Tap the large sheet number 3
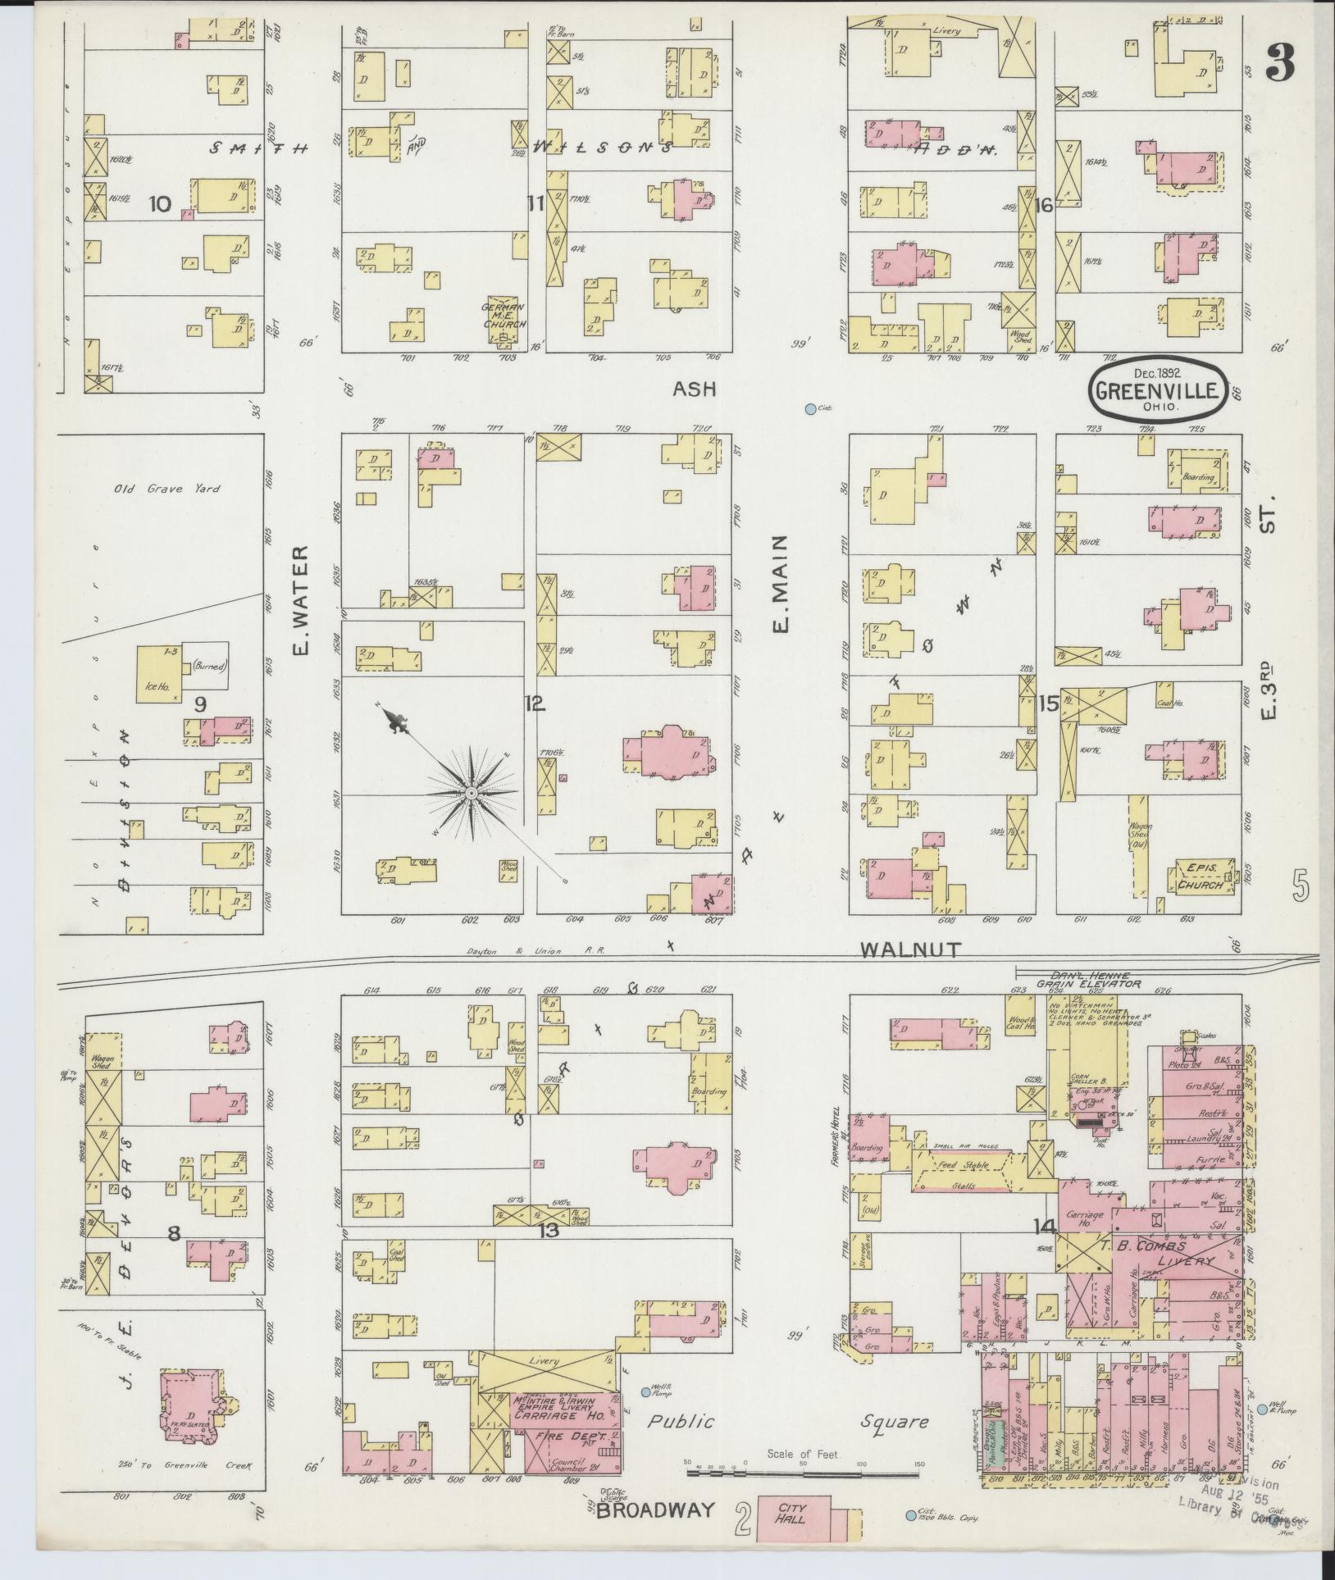[x=1280, y=61]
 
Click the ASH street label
[x=694, y=389]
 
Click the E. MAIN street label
[x=780, y=584]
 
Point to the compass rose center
[x=472, y=795]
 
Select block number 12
[x=535, y=703]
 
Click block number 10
[x=160, y=203]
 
